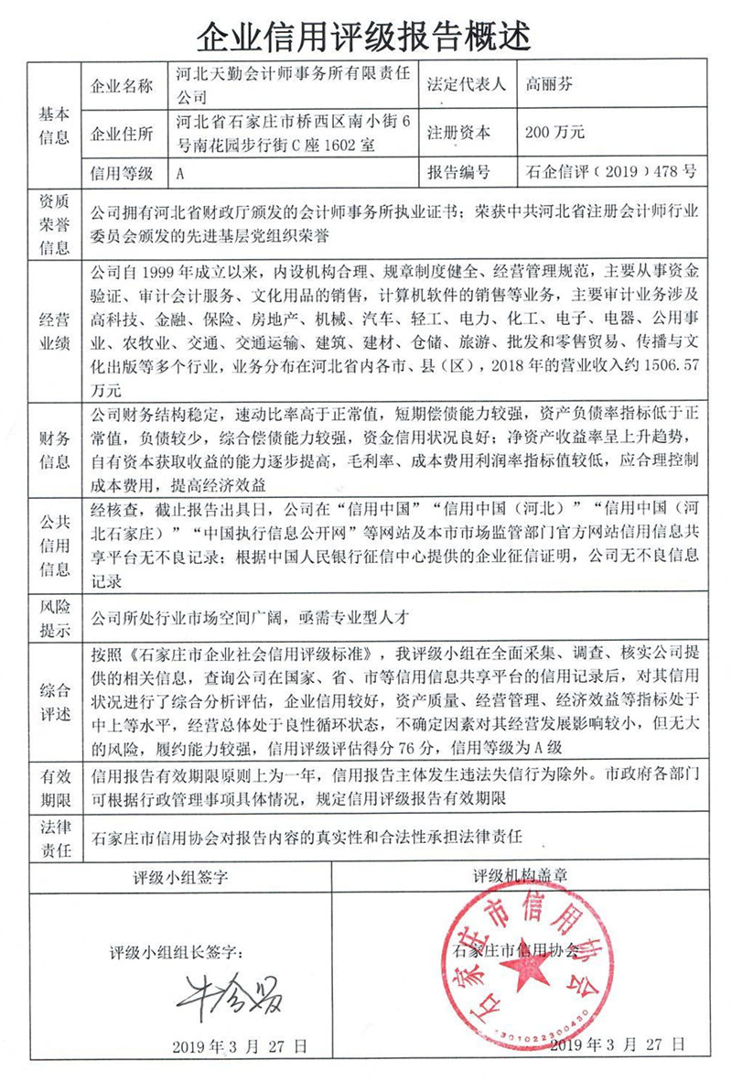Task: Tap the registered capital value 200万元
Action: pos(554,133)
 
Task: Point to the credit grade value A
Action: pos(180,172)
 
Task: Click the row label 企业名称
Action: pos(123,86)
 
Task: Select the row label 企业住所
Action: pos(123,134)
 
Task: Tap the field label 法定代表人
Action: pos(467,85)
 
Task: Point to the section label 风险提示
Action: pos(54,618)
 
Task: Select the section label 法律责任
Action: pos(54,839)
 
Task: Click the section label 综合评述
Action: pos(54,701)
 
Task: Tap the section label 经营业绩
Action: pos(54,330)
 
